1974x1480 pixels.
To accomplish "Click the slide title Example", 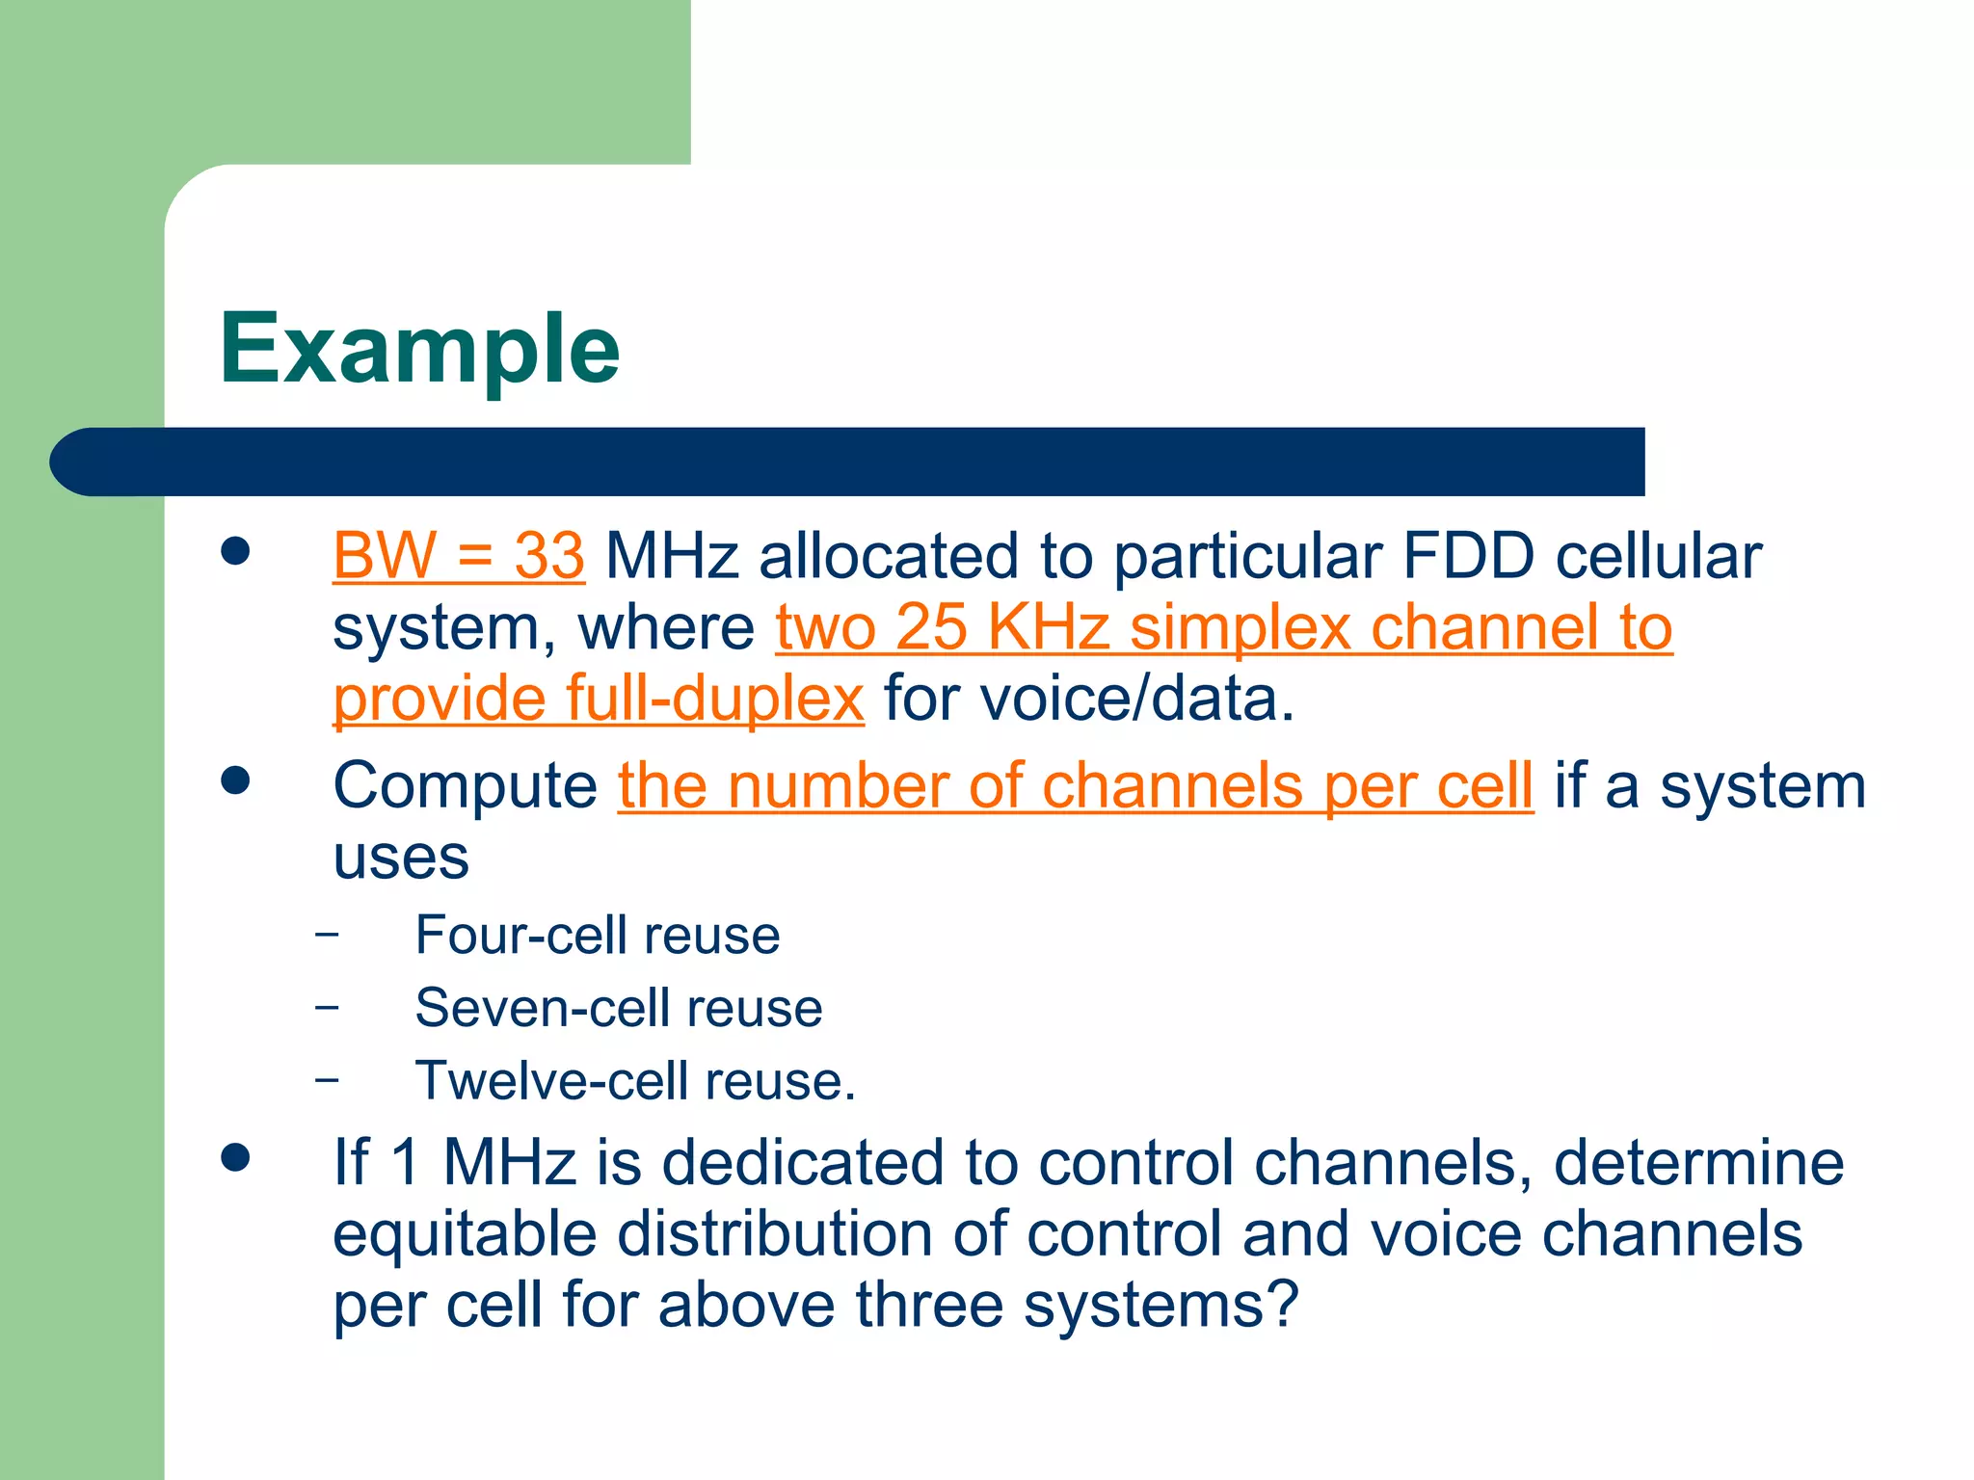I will (419, 349).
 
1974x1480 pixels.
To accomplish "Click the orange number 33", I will (548, 556).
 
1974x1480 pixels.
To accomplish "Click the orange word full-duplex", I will (714, 699).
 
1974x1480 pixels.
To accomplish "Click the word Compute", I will (465, 786).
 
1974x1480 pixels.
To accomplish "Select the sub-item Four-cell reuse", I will (597, 935).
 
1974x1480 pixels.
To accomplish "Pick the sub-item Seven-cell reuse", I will (618, 1008).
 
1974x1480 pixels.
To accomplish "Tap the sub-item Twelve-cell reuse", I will (634, 1081).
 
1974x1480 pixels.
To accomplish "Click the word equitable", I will (464, 1235).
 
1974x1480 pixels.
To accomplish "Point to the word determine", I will (1698, 1162).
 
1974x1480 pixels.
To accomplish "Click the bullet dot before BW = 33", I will (235, 551).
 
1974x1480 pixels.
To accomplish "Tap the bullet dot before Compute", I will (235, 780).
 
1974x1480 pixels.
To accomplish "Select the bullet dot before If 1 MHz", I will (235, 1156).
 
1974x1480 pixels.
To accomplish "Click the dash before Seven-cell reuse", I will (327, 1007).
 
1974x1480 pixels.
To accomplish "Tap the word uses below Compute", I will (400, 858).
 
